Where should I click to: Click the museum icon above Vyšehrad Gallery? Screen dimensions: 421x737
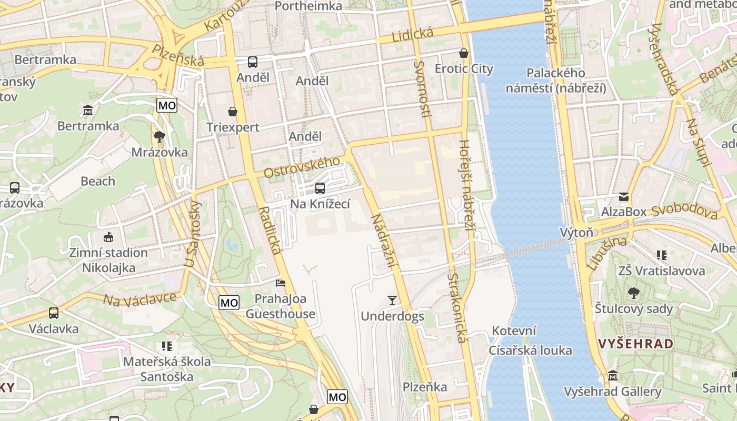click(x=612, y=376)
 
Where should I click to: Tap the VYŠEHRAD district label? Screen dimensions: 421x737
click(x=636, y=344)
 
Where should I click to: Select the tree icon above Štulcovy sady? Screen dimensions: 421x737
click(x=634, y=293)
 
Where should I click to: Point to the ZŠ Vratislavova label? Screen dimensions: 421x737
click(x=661, y=271)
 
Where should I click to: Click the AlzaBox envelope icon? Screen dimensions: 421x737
click(x=624, y=197)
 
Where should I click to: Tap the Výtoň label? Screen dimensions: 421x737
click(x=576, y=232)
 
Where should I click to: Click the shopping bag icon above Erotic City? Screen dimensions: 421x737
click(x=464, y=53)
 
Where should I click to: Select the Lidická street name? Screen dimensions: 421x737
click(x=412, y=36)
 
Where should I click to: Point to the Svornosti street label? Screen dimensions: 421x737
click(x=422, y=89)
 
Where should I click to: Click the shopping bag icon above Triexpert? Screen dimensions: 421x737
click(x=233, y=112)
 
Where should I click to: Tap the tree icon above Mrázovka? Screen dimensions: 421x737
click(x=159, y=137)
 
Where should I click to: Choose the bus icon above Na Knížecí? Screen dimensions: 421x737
click(x=320, y=188)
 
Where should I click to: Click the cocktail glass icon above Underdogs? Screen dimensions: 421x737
click(x=392, y=300)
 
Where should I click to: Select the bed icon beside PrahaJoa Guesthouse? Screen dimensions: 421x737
click(x=281, y=283)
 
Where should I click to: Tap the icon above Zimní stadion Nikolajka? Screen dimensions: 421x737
click(x=108, y=237)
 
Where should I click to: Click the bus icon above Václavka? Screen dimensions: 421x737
click(x=54, y=313)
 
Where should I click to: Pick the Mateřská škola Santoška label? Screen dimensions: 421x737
click(x=167, y=369)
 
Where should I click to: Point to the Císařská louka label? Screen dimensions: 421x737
click(x=530, y=350)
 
